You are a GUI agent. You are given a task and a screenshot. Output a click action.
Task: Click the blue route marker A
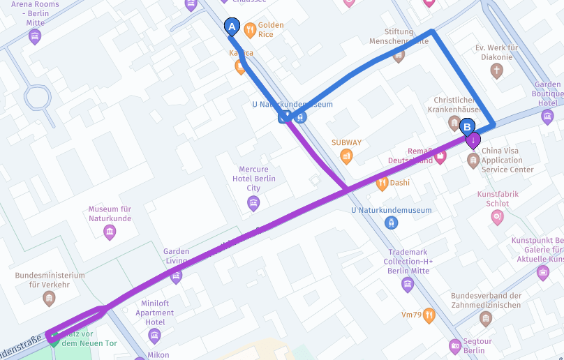point(232,27)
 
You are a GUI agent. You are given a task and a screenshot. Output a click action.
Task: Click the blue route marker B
point(467,127)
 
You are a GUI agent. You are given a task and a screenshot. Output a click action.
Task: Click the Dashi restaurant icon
point(382,183)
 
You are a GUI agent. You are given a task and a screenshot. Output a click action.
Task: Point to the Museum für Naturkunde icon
point(110,232)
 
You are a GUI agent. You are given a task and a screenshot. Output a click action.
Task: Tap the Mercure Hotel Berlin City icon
point(253,204)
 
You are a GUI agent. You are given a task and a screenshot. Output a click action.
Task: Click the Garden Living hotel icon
point(176,276)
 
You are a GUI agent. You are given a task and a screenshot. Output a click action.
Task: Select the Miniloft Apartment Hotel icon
point(154,336)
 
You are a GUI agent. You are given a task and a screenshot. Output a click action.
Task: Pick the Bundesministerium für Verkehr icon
point(49,299)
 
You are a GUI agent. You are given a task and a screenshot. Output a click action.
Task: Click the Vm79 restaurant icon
point(429,315)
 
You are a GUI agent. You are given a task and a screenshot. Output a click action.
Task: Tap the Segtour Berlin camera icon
point(455,345)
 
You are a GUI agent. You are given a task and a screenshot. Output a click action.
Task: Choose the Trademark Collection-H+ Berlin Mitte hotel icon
point(408,284)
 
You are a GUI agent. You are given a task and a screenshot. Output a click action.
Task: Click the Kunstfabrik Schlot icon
point(497,218)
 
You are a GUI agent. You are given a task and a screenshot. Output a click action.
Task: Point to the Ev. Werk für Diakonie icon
point(496,70)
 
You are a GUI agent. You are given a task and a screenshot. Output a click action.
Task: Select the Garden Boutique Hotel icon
point(547,117)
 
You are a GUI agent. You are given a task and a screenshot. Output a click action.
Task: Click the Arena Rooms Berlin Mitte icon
point(35,37)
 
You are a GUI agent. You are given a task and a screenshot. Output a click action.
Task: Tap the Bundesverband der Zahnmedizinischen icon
point(486,319)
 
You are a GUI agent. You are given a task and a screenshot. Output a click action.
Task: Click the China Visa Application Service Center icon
point(473,161)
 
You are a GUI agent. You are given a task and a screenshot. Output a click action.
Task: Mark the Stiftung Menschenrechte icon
point(399,55)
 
